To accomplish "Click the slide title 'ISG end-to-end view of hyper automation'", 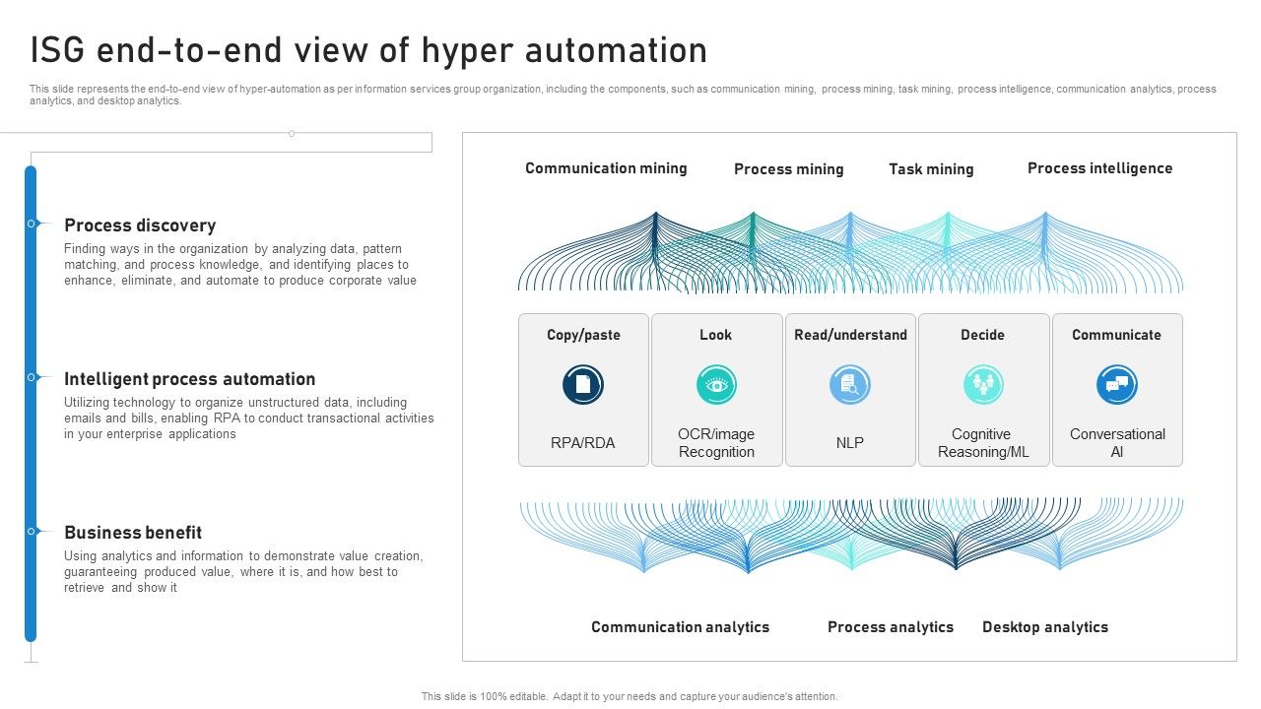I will pos(368,50).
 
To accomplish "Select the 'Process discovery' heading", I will pos(140,226).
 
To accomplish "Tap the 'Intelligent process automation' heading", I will pos(190,379).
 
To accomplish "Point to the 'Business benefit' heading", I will pos(133,533).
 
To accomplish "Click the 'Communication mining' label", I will pos(606,168).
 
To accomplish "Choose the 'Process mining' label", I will pos(788,169).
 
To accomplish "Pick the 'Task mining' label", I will pos(931,169).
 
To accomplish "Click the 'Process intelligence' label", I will pos(1099,168).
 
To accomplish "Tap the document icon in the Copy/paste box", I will pos(583,384).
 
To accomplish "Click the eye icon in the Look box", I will pos(716,384).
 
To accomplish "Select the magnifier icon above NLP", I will pos(850,384).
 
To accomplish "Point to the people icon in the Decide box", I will pos(983,384).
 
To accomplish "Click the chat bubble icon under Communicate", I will pos(1117,384).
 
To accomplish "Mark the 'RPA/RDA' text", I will pos(583,443).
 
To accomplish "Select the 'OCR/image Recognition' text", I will pos(716,443).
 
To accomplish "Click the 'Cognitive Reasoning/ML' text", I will pos(982,443).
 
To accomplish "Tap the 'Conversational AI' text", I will pos(1117,443).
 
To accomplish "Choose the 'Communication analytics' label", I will pos(680,627).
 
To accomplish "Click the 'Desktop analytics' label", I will pos(1045,627).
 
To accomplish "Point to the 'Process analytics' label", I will pos(891,627).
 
